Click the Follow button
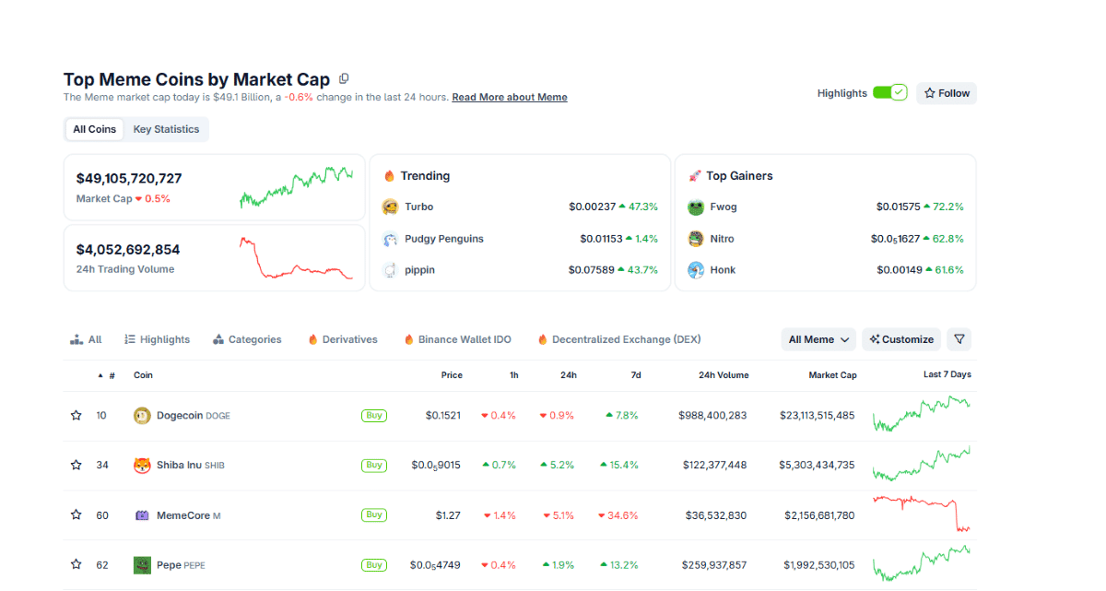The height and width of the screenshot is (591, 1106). click(x=947, y=93)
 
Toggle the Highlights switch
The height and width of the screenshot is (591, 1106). click(x=889, y=93)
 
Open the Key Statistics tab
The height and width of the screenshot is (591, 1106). click(x=166, y=129)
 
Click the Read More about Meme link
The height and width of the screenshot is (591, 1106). click(x=509, y=97)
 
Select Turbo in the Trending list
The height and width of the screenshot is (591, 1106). click(x=418, y=207)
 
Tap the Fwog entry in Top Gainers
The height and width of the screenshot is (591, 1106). click(x=723, y=207)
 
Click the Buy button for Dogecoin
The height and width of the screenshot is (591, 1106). click(x=374, y=416)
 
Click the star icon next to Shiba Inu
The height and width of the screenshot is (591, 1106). click(x=76, y=466)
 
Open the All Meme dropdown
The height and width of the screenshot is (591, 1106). click(x=818, y=339)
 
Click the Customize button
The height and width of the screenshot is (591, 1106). click(x=901, y=339)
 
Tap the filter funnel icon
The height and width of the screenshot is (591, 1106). click(x=959, y=339)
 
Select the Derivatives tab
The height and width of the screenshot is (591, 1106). click(x=343, y=339)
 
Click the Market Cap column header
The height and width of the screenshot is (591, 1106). click(x=832, y=375)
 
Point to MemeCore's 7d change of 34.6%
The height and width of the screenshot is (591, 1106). click(x=618, y=515)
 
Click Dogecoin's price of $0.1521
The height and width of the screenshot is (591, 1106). click(x=442, y=416)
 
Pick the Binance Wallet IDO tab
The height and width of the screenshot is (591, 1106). click(x=457, y=339)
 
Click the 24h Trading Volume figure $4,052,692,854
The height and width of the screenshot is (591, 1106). click(x=128, y=250)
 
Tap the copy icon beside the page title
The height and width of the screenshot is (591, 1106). click(x=344, y=79)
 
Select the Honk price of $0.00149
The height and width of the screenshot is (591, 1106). click(x=898, y=270)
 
